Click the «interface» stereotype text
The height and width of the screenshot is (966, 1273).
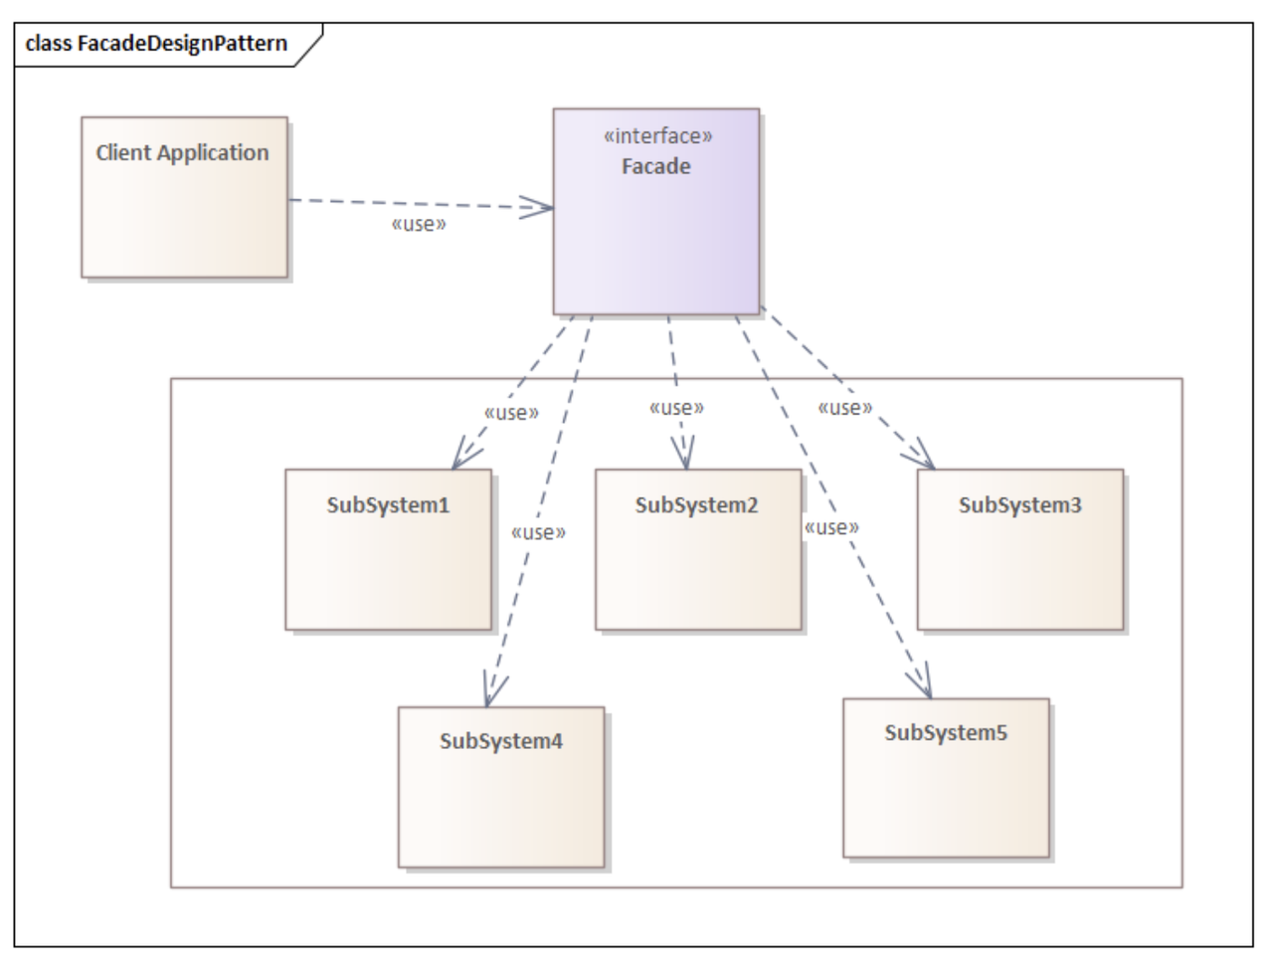(657, 136)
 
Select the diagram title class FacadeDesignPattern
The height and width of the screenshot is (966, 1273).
(156, 44)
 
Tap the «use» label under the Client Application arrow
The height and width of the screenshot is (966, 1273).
(419, 225)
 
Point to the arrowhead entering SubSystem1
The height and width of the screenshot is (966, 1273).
(462, 457)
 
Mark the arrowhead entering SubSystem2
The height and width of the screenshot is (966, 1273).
(683, 456)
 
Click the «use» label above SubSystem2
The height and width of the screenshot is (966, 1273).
(676, 408)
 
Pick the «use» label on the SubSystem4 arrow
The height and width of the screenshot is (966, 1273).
(538, 533)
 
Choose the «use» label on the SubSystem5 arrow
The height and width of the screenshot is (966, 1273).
(831, 527)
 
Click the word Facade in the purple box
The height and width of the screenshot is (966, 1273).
(656, 166)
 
